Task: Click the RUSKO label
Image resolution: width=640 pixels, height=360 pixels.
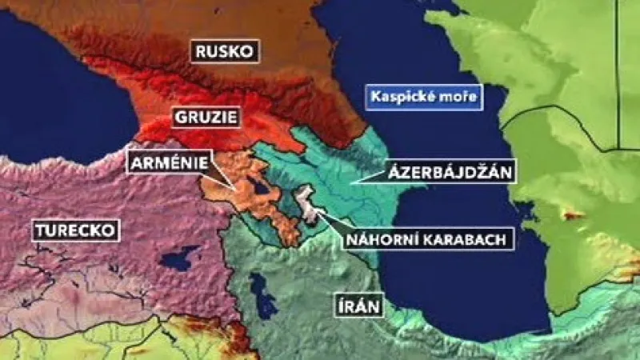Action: click(224, 52)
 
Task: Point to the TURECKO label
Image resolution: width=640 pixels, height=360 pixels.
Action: click(76, 232)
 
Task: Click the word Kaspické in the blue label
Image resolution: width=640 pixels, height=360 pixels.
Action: click(405, 98)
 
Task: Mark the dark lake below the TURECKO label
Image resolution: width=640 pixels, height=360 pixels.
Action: click(178, 258)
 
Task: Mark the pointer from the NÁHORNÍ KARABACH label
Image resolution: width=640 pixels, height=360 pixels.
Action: click(328, 218)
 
